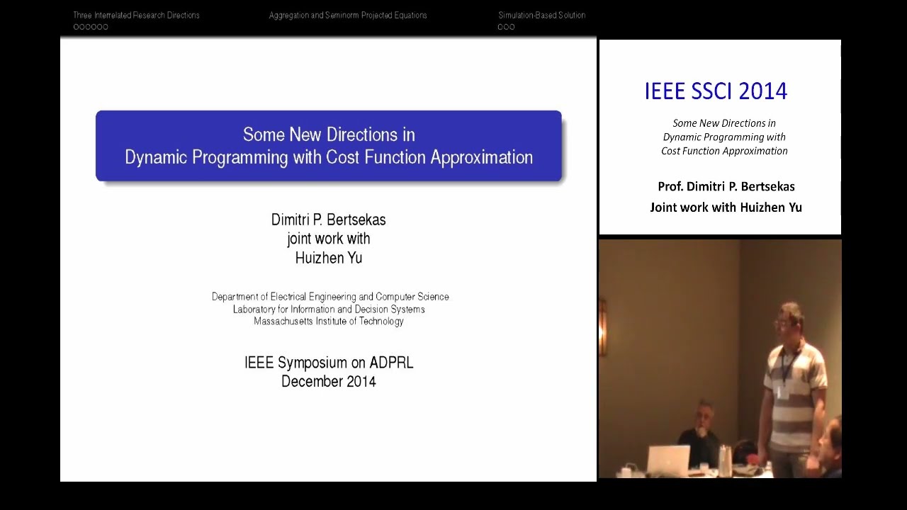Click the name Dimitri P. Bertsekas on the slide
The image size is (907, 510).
pos(328,220)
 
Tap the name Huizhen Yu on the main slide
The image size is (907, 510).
pos(328,258)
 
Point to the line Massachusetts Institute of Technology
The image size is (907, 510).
pos(328,321)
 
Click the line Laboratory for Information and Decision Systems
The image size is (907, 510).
pos(328,309)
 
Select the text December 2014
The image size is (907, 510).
pos(328,381)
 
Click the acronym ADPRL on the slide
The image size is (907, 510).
pos(391,363)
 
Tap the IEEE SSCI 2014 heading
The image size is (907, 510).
pos(716,91)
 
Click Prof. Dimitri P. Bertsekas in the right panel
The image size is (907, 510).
pos(726,186)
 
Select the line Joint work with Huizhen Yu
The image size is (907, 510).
pos(726,207)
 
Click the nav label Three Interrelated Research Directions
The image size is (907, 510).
pos(136,15)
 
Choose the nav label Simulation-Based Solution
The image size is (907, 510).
pos(541,15)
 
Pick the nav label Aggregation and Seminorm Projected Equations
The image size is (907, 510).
pos(347,15)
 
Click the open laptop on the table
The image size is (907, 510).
pos(667,459)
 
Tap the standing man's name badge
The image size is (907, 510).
pos(782,391)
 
